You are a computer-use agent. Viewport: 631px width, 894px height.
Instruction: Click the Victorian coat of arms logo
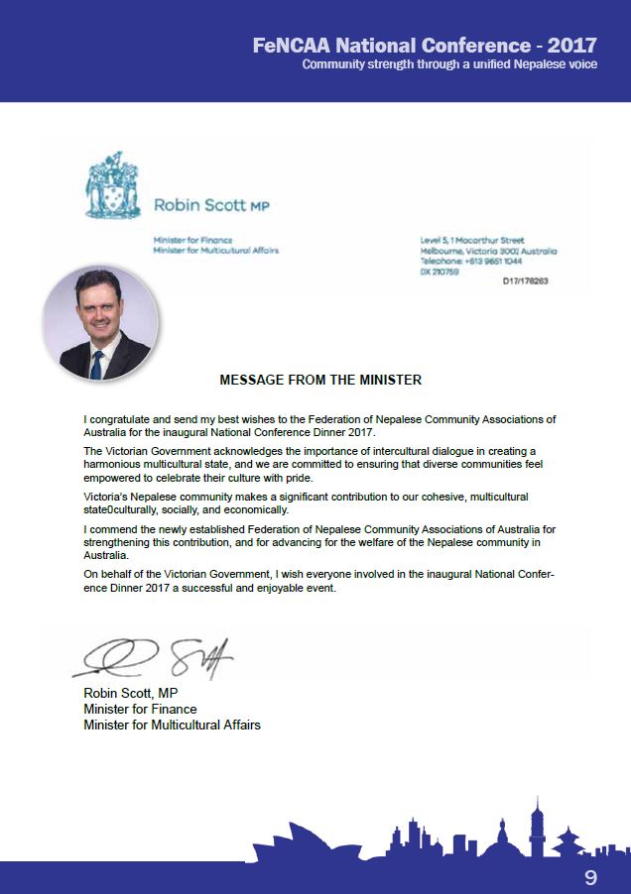pos(110,186)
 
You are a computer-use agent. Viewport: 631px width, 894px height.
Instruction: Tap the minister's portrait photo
pos(100,324)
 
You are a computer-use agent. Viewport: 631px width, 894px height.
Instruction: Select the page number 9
pos(590,877)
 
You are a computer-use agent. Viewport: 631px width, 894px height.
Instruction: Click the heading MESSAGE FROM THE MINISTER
pos(320,380)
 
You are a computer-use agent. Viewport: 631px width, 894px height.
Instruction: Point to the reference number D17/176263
pos(526,280)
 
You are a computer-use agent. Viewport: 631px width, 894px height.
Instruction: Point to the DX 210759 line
pos(441,271)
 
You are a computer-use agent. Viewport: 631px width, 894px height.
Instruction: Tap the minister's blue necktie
pos(97,365)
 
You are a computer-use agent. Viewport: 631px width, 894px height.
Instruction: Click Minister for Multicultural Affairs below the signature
pos(172,725)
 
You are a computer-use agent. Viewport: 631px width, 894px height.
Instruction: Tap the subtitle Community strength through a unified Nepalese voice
pos(448,64)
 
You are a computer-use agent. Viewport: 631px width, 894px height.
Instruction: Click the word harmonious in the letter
pos(119,464)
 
